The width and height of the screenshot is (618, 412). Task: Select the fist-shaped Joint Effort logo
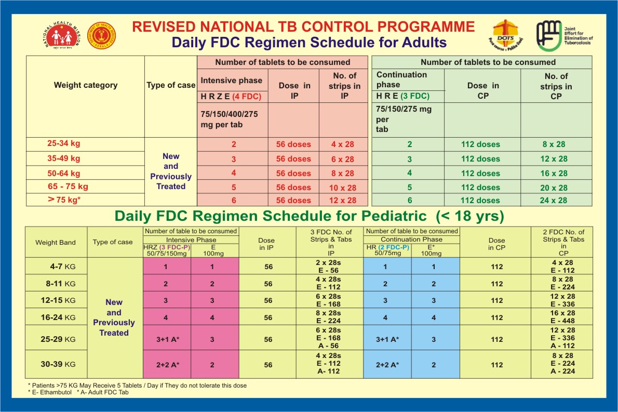point(547,36)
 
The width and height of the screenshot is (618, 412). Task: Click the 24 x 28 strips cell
point(554,201)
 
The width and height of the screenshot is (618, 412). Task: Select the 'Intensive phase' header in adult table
point(232,81)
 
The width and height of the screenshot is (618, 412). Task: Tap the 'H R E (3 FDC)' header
point(403,96)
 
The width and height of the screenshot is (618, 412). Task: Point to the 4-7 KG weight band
point(56,267)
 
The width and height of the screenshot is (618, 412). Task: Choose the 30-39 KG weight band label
point(56,365)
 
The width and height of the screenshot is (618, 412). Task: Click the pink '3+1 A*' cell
point(167,339)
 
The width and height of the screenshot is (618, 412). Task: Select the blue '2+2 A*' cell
point(388,365)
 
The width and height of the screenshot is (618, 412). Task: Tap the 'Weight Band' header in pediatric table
point(56,242)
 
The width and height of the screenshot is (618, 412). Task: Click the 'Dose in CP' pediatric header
point(496,244)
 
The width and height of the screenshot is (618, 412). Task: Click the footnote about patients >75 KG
point(137,386)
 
